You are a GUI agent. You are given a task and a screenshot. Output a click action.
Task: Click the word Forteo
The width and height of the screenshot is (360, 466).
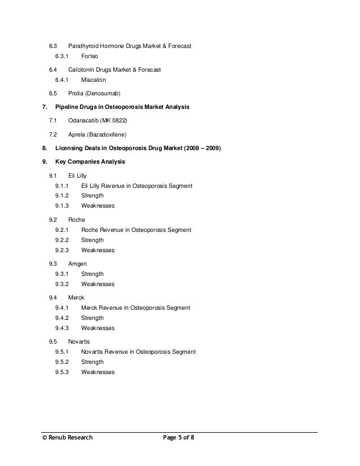[x=89, y=56]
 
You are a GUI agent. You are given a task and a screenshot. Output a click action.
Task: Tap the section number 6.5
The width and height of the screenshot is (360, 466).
[x=52, y=93]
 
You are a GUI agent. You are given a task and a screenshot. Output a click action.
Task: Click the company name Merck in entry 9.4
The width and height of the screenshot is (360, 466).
[x=76, y=297]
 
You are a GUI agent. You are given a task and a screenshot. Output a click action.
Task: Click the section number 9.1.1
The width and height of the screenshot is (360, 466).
[x=62, y=186]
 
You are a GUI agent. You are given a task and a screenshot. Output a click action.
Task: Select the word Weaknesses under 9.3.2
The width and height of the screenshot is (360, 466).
[x=98, y=284]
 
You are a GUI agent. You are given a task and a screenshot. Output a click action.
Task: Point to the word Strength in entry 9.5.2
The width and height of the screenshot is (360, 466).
[x=93, y=362]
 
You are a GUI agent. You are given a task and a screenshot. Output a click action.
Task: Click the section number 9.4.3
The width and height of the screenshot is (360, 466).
[x=62, y=328]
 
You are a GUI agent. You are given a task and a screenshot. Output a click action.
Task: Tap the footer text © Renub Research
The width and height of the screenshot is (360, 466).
[x=64, y=437]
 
